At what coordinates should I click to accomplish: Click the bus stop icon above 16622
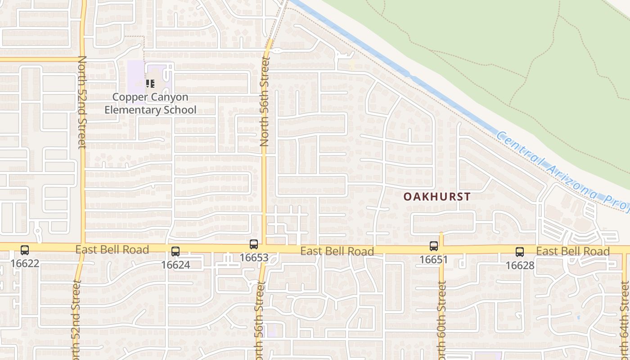(25, 250)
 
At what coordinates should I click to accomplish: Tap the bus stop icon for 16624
(175, 252)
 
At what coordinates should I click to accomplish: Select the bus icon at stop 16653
(254, 244)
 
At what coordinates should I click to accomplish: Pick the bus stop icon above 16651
(434, 246)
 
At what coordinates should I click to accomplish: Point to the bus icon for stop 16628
(520, 252)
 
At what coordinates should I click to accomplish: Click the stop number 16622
(25, 263)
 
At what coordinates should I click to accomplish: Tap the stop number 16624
(175, 265)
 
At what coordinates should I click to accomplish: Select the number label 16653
(254, 258)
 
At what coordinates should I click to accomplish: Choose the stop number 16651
(434, 260)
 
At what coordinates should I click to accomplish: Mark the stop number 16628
(520, 265)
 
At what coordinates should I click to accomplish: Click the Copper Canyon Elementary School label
(150, 103)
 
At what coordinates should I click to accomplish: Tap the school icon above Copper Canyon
(150, 84)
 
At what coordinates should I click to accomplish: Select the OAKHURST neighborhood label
(437, 197)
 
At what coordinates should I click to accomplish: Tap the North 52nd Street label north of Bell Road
(82, 102)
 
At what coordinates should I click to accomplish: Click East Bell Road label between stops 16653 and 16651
(337, 251)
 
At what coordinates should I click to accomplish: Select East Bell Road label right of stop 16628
(573, 251)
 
